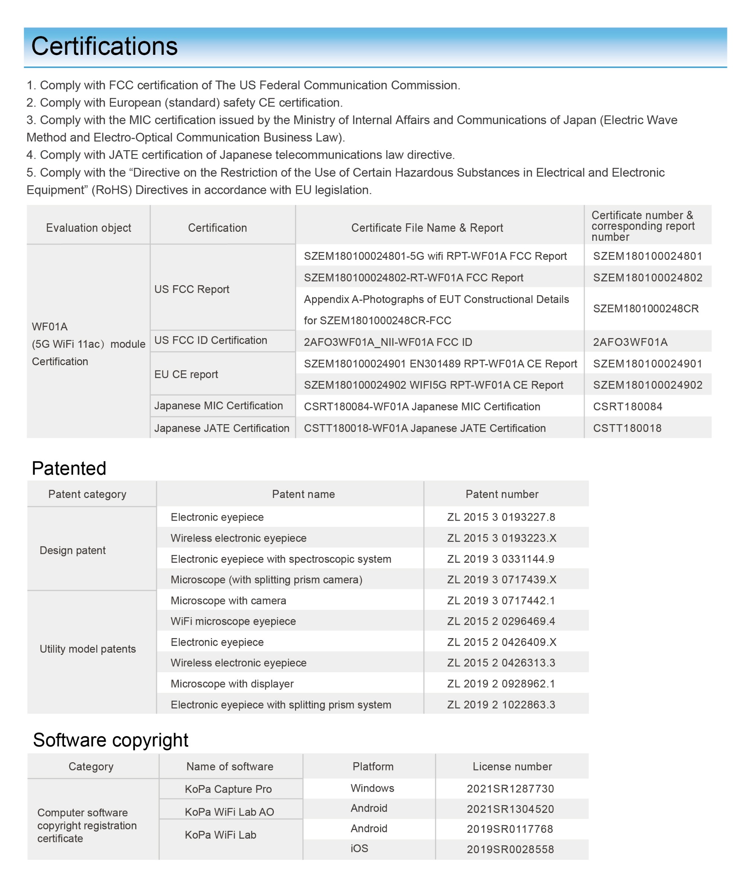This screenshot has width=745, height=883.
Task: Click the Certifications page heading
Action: tap(104, 47)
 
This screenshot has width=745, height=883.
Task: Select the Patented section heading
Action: tap(69, 469)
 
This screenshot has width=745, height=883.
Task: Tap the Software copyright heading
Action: tap(111, 740)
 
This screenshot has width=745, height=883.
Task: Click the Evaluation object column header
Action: tap(88, 228)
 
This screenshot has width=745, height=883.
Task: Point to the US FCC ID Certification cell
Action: tap(210, 341)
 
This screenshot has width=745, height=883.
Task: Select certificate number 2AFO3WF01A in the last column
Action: tap(630, 342)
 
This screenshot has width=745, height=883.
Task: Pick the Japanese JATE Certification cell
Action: tap(222, 428)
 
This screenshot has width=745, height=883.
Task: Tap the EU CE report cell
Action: tap(186, 375)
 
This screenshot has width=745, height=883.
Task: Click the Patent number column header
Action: tap(502, 494)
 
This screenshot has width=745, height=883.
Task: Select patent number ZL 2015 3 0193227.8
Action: tap(501, 517)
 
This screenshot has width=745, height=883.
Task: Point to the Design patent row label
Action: tap(73, 551)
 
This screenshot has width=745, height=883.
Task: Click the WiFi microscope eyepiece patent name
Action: tap(233, 621)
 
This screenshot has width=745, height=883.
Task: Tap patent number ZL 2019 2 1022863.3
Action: tap(501, 705)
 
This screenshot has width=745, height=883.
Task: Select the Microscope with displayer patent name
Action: tap(232, 684)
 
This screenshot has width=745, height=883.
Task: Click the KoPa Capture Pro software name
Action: tap(228, 789)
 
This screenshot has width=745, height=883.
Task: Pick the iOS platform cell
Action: tap(359, 849)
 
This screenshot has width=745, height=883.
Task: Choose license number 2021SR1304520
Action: tap(510, 809)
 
